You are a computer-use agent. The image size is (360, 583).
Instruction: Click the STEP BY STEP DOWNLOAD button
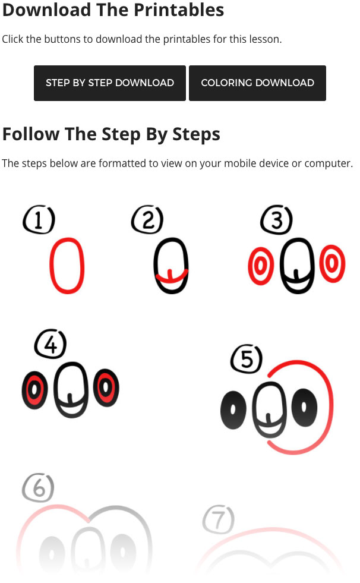point(109,83)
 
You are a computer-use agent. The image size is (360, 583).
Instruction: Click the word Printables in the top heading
point(179,10)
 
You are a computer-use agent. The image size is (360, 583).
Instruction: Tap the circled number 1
point(39,219)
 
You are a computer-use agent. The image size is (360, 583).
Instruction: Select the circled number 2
point(147,219)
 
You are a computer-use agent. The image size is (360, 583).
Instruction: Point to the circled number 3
point(276,219)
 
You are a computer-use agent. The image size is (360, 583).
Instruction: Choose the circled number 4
point(50,344)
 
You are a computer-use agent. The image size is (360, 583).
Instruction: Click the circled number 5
point(247,359)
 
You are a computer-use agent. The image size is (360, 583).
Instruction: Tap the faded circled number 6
point(38,487)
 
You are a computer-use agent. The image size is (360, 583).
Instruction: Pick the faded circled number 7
point(219,519)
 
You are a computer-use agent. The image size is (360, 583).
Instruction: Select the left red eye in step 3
point(261,266)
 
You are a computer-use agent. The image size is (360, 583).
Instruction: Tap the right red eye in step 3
point(333,264)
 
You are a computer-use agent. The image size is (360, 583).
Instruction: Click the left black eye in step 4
point(34,390)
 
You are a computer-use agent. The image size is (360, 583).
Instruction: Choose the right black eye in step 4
point(106,388)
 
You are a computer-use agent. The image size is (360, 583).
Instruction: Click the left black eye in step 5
point(233,409)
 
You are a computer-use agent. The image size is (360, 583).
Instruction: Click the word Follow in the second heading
point(31,134)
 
